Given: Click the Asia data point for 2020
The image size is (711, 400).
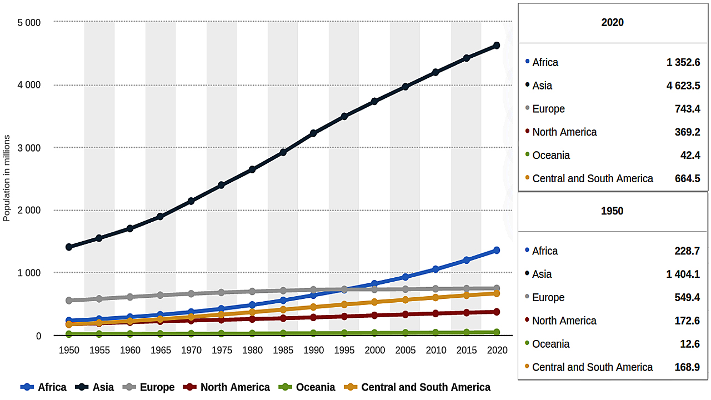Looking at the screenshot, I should coord(497,46).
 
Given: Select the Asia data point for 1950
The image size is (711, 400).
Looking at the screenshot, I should coord(69,247).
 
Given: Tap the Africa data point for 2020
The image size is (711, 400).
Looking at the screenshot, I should coord(497,251).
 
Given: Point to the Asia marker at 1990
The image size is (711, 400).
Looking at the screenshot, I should coord(313,133).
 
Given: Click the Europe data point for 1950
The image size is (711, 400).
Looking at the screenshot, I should coord(69,301).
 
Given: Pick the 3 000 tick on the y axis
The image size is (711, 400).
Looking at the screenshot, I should coord(29,148).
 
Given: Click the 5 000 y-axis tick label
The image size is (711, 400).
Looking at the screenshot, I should coord(29,23).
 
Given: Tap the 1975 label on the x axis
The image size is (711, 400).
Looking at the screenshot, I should coord(222,351).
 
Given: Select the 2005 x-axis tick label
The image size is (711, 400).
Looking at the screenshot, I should coord(405,351).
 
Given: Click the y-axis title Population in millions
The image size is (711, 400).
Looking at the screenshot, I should coord(7,178).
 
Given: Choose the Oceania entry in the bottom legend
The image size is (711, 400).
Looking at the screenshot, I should coord(315,387).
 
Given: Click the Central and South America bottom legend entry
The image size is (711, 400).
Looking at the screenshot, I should coord(425,387).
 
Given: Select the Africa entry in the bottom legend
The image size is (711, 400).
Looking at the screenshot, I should coord(52,387).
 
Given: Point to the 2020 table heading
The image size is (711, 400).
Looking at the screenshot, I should coord(612,23).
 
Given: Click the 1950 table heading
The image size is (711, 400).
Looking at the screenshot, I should coord(612,211).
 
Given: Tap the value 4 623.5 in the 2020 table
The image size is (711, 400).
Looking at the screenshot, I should coord(683,86).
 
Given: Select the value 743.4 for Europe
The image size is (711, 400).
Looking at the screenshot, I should coord(688,109).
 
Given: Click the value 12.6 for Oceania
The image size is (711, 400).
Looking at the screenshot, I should coord(690,344).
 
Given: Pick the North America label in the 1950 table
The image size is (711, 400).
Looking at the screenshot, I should coord(564,321).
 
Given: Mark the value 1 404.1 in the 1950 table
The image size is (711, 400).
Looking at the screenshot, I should coord(683,274).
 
